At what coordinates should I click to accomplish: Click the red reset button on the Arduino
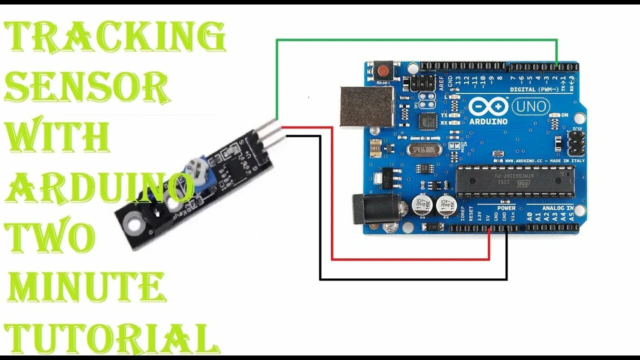384,69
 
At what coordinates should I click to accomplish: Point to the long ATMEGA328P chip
515,181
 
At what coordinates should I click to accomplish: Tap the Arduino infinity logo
488,106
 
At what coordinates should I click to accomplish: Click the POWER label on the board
506,208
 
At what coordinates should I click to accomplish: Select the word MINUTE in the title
86,288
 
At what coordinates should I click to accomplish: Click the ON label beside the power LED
564,115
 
